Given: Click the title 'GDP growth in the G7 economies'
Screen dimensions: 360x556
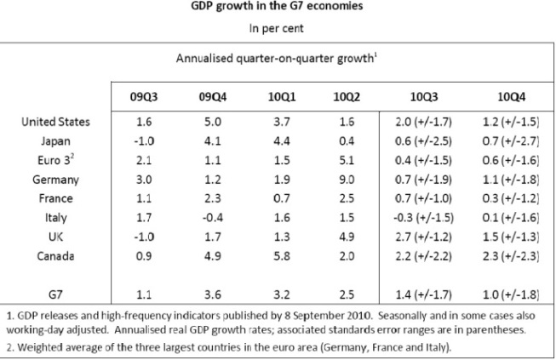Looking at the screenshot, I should coord(278,8).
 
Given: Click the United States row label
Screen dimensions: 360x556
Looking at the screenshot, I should coord(56,123).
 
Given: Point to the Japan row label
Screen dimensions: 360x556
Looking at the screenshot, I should coord(56,141).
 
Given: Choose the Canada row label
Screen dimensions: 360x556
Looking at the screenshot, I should coord(56,254).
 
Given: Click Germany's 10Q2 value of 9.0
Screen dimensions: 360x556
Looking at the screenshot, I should coord(344,179).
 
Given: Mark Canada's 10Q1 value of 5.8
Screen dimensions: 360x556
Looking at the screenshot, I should coord(276,254).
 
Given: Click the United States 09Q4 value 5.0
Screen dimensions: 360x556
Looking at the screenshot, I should coord(207,123).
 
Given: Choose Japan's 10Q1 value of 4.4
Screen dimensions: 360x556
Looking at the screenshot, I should coord(276,141).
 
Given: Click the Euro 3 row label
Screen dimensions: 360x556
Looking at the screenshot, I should coord(56,160).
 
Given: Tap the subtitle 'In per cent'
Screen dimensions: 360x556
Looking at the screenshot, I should coord(278,28).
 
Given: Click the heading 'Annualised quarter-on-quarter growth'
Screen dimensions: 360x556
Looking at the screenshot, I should coord(276,59).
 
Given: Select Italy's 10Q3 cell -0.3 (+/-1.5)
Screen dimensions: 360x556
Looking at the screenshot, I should coord(422,217).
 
